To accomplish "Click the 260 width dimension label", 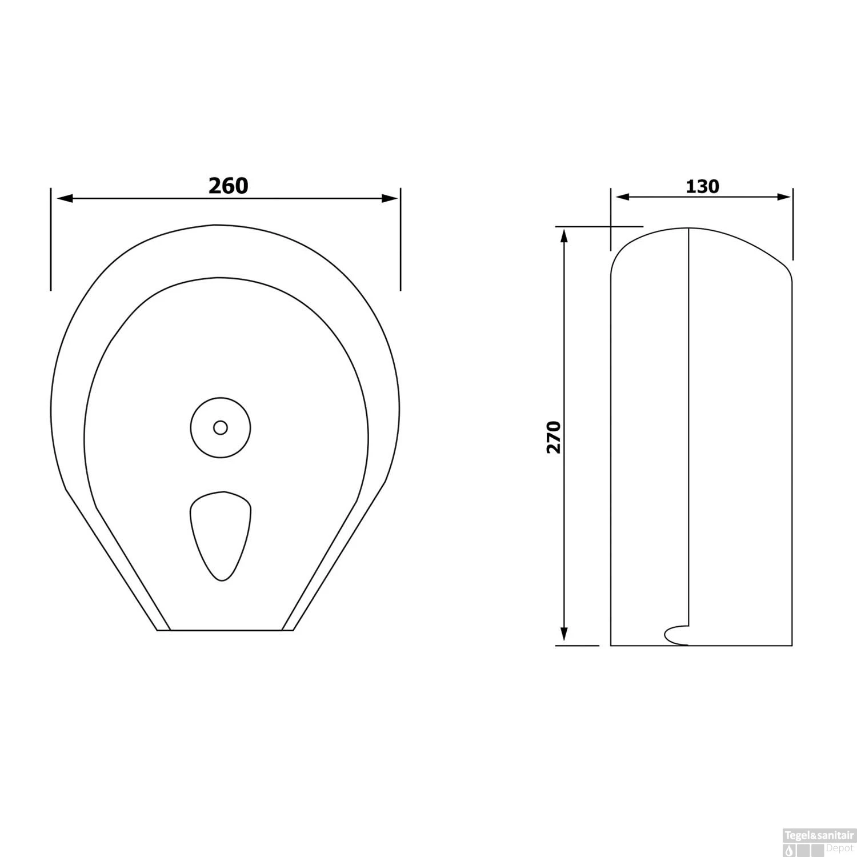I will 228,186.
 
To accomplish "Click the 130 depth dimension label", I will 702,186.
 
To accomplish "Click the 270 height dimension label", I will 554,437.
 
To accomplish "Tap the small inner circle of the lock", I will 220,427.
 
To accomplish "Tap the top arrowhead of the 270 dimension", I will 564,235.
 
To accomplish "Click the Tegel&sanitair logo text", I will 820,835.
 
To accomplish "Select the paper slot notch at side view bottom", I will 676,634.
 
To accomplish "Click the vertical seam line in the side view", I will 688,428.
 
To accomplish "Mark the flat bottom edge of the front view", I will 225,630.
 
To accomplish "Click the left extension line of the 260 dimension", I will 51,240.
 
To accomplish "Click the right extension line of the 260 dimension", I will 400,240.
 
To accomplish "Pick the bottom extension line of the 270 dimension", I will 577,646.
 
